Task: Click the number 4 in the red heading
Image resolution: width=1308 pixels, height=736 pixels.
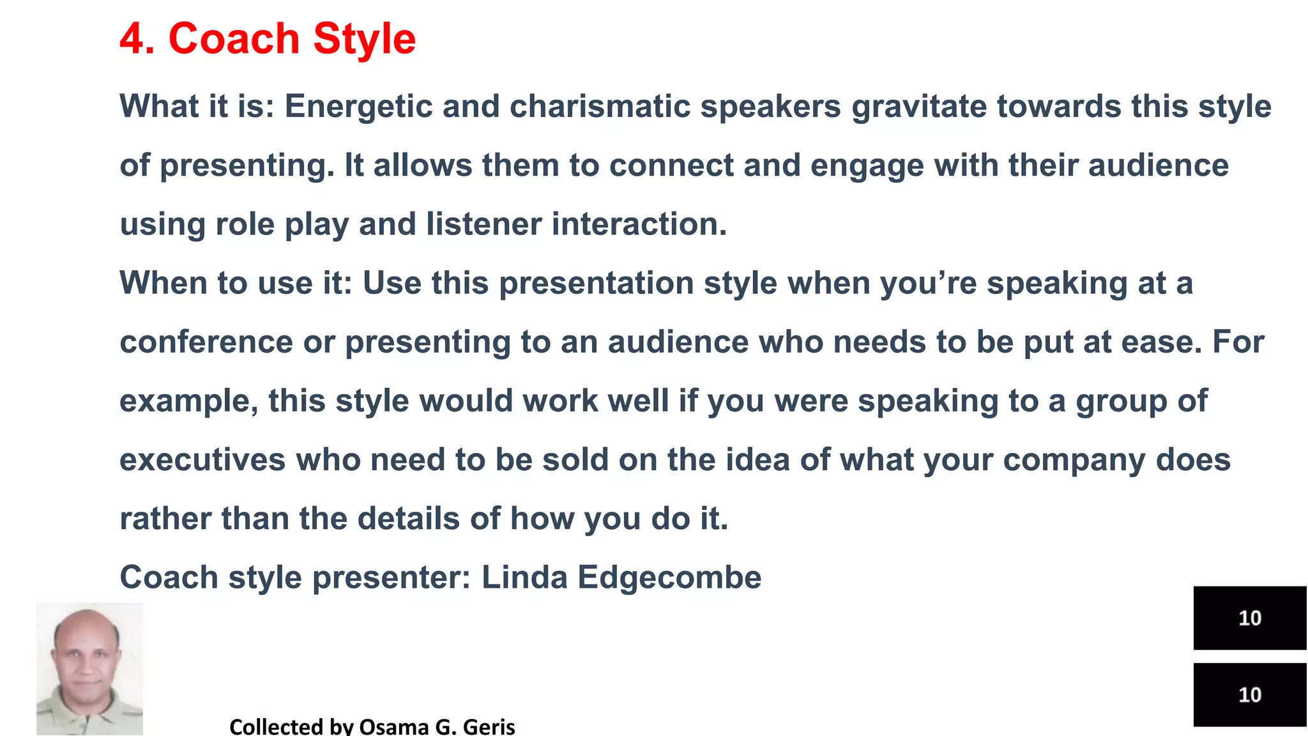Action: tap(133, 40)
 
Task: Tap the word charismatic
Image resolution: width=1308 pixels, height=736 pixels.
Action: tap(599, 107)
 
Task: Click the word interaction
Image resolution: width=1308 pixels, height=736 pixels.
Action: tap(639, 224)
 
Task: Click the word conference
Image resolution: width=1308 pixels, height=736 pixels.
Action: tap(206, 342)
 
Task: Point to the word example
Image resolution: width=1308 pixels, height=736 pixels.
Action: tap(188, 402)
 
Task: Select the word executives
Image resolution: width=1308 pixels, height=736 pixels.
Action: tap(202, 461)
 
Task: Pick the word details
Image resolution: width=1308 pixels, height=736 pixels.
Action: tap(408, 519)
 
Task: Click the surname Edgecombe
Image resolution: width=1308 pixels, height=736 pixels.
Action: tap(669, 578)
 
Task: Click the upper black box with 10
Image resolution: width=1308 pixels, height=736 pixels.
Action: tap(1249, 618)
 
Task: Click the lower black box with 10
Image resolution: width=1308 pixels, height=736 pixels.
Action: tap(1249, 694)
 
